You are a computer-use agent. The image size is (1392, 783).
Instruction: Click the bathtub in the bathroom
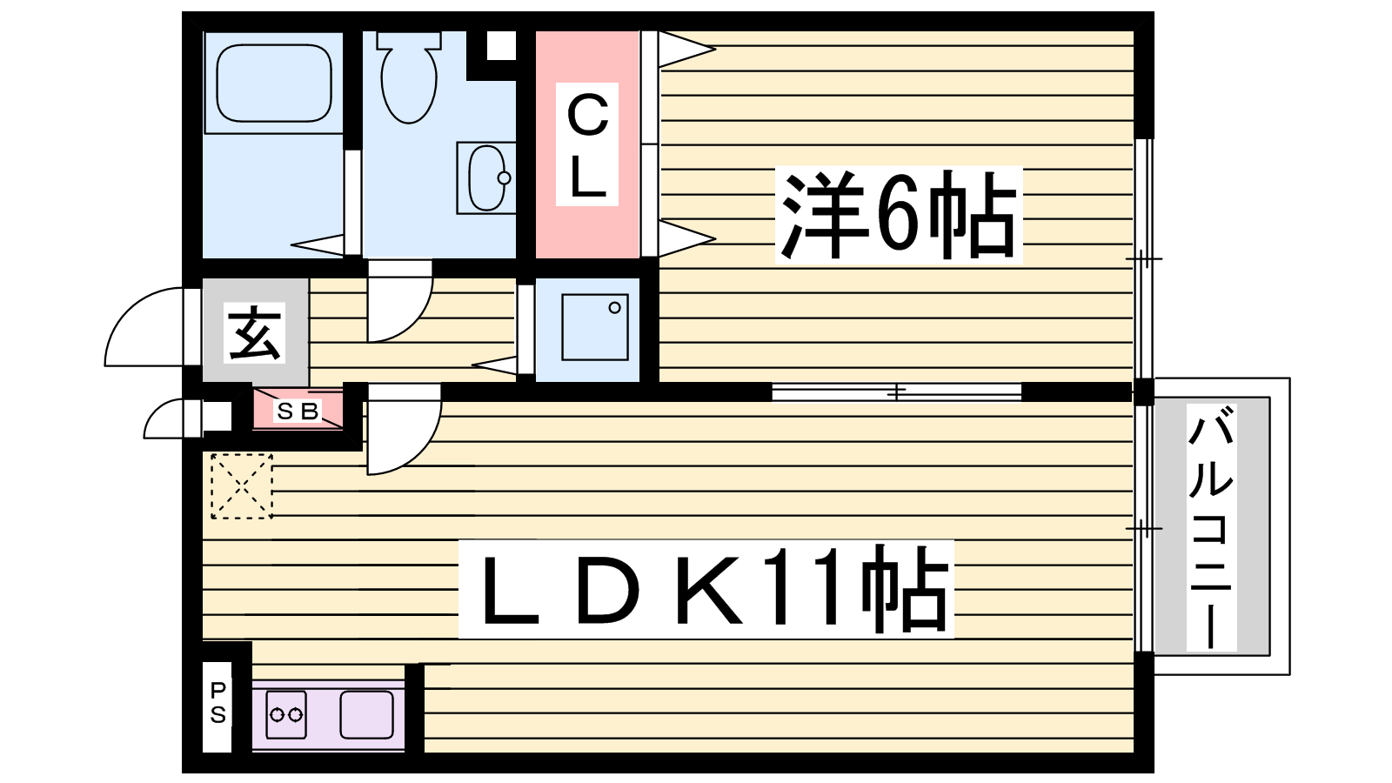pyautogui.click(x=273, y=83)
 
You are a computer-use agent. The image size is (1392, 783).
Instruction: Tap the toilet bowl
pyautogui.click(x=408, y=77)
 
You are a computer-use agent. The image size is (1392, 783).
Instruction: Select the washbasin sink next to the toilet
pyautogui.click(x=486, y=177)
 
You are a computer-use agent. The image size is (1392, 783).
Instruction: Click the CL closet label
pyautogui.click(x=587, y=144)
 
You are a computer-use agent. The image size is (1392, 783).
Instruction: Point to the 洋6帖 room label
pyautogui.click(x=899, y=214)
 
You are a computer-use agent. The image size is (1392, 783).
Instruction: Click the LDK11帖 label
pyautogui.click(x=706, y=588)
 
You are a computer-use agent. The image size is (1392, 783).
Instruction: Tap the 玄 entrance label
pyautogui.click(x=254, y=333)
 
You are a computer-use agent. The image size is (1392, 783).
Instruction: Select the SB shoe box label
pyautogui.click(x=298, y=411)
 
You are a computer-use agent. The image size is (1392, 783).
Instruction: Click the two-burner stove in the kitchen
pyautogui.click(x=286, y=714)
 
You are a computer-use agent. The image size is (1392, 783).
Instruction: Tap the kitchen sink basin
pyautogui.click(x=366, y=714)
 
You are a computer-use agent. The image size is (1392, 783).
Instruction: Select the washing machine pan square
pyautogui.click(x=595, y=327)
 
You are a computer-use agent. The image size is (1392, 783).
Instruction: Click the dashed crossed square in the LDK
pyautogui.click(x=242, y=486)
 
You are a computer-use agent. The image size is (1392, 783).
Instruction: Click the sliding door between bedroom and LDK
pyautogui.click(x=897, y=392)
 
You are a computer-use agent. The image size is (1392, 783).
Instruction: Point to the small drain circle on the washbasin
pyautogui.click(x=504, y=177)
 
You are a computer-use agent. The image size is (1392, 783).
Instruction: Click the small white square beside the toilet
pyautogui.click(x=501, y=45)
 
